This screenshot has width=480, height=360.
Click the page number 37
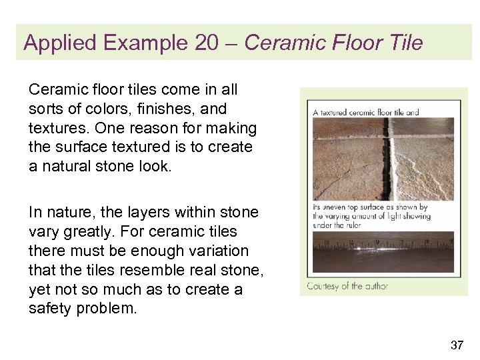(457, 345)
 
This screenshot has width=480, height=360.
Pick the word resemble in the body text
(156, 271)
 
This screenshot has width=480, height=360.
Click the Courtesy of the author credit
(347, 286)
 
